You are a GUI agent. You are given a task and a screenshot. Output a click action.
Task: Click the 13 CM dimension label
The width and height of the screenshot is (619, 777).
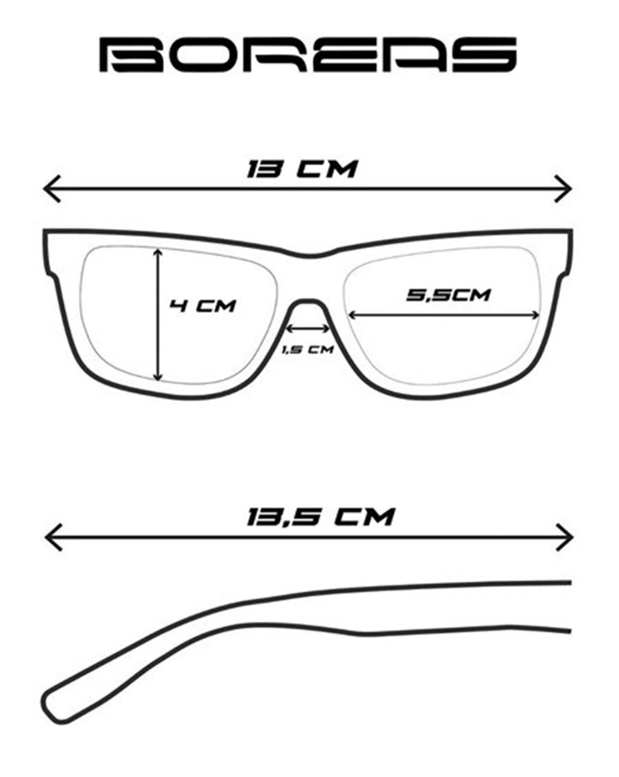pos(302,169)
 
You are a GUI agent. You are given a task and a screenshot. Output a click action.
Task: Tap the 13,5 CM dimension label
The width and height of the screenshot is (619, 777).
pos(320,517)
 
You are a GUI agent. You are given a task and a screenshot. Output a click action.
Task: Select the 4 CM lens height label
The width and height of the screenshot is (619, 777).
pos(203,306)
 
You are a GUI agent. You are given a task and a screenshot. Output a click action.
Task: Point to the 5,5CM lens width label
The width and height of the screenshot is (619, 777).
pos(448,295)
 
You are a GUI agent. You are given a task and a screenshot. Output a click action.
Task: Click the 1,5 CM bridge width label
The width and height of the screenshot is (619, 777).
pos(308,350)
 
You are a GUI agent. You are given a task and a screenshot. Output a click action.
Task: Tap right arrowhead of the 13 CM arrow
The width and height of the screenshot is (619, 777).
pos(563,189)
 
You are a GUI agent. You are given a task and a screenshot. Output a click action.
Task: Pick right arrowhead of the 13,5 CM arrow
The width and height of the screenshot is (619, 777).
pos(565,538)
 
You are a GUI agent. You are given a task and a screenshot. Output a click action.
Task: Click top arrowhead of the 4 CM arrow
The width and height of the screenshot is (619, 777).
pos(157,253)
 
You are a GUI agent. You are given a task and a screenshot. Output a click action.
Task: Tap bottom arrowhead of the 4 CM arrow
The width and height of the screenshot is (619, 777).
pos(157,376)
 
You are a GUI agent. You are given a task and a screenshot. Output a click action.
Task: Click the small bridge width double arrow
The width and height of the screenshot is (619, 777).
pos(308,329)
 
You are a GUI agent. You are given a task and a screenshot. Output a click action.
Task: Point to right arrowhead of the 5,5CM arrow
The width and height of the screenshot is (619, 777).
pos(535,315)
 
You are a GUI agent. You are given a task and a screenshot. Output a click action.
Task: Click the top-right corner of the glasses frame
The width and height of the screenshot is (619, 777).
pos(571,230)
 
